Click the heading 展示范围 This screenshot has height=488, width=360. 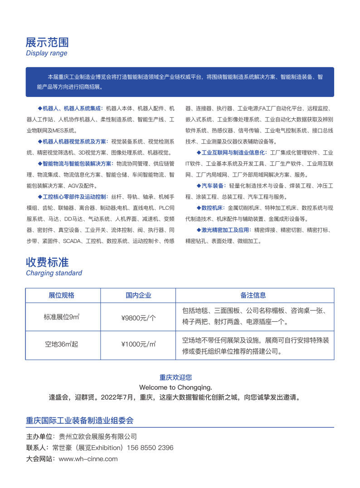[x=47, y=43]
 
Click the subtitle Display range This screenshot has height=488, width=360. [x=46, y=53]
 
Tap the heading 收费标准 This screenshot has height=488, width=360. [x=47, y=262]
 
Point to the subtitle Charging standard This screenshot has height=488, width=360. [x=54, y=273]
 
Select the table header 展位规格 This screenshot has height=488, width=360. [x=61, y=295]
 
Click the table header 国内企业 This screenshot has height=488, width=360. [x=138, y=295]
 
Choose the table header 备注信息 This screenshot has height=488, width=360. [x=253, y=295]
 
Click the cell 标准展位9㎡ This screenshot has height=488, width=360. [x=61, y=318]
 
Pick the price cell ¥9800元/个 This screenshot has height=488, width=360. [x=138, y=318]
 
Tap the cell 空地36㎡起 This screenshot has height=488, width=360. [x=61, y=344]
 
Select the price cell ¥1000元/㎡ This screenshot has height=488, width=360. [x=138, y=344]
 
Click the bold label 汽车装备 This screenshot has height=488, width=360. [x=212, y=186]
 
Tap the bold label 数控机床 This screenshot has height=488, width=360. [x=212, y=208]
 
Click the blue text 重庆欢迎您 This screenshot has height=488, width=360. [x=175, y=377]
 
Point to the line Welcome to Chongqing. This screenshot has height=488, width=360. [x=175, y=387]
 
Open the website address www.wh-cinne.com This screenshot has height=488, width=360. [x=88, y=459]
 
